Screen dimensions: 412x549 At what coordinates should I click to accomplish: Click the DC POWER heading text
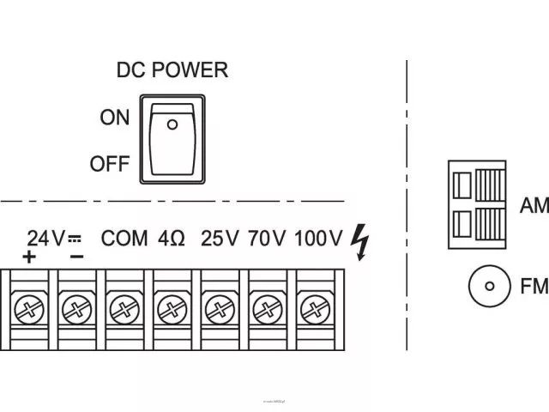(x=172, y=70)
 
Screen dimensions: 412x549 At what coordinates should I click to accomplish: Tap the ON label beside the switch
(x=114, y=118)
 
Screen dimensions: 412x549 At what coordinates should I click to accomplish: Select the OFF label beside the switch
(x=109, y=164)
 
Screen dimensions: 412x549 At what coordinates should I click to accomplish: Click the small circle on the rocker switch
(x=172, y=125)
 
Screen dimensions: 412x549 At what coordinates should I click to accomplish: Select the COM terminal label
(x=125, y=238)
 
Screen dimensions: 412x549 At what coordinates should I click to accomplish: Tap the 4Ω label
(x=172, y=238)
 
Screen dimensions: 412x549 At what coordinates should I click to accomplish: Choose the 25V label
(x=220, y=238)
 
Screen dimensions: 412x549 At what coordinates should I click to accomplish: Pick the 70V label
(x=266, y=238)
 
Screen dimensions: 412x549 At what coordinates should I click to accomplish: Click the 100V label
(x=318, y=238)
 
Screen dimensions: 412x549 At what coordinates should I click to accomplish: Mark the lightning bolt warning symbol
(x=360, y=242)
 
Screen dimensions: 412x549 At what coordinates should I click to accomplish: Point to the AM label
(x=534, y=205)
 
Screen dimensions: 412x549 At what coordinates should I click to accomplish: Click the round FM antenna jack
(x=489, y=288)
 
